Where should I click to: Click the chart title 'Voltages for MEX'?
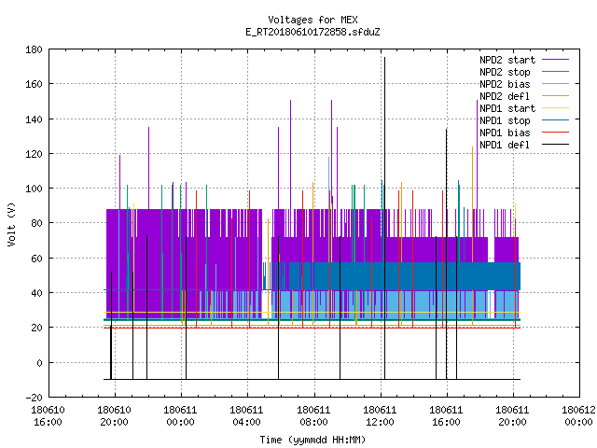click(x=312, y=20)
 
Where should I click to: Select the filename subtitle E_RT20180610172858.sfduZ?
click(x=312, y=32)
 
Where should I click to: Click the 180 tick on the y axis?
click(x=34, y=49)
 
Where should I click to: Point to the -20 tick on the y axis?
click(x=34, y=398)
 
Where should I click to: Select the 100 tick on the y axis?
click(x=34, y=189)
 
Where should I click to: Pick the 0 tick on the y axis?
click(x=39, y=363)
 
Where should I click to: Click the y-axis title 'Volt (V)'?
click(x=11, y=225)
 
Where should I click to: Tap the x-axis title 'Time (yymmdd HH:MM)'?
click(x=312, y=440)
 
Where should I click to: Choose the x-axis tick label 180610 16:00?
click(x=48, y=416)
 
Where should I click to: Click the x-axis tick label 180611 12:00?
click(x=380, y=416)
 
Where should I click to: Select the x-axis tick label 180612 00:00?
click(x=578, y=416)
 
